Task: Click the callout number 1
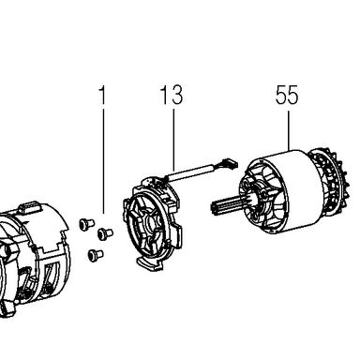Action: point(102,95)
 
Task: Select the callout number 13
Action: point(172,95)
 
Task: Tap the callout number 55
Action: point(287,95)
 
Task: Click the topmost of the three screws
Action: point(86,224)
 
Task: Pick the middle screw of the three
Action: point(105,233)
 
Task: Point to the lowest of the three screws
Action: point(96,254)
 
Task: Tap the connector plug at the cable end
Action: point(228,163)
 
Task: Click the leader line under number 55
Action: point(289,131)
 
